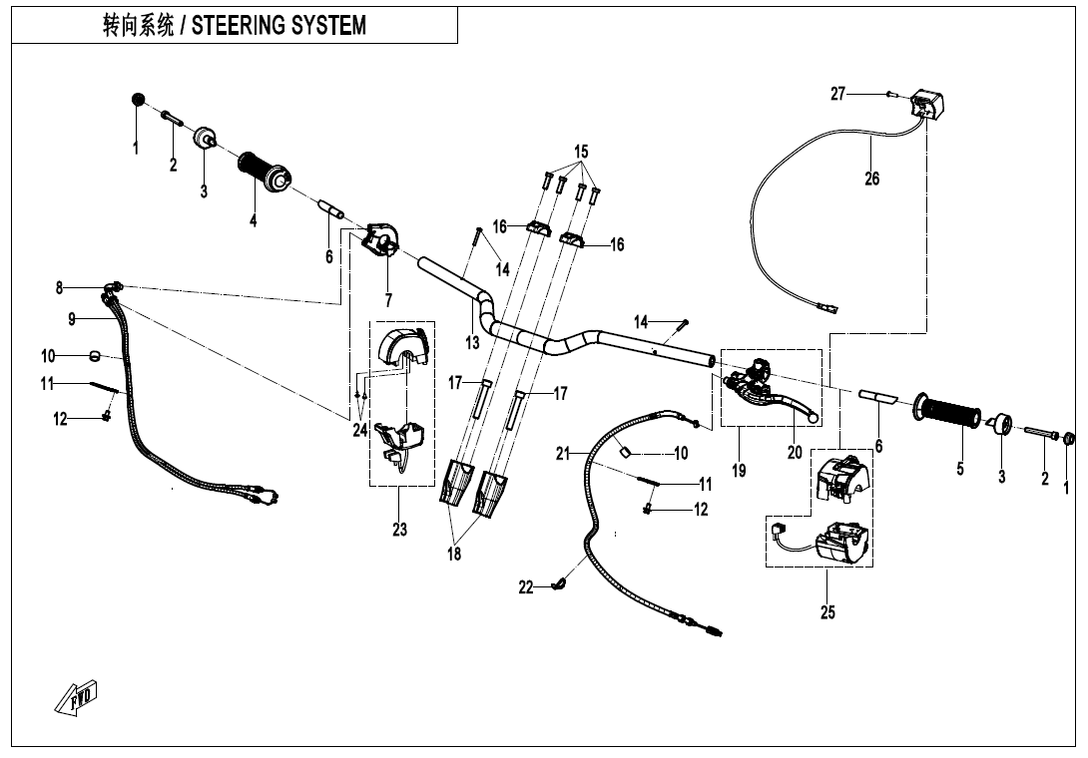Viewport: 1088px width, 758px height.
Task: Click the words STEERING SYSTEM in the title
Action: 278,26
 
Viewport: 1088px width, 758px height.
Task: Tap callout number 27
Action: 838,94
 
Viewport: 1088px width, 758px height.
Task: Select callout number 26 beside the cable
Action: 872,180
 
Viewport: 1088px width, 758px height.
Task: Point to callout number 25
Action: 827,612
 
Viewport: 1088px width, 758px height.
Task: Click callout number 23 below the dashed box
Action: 399,530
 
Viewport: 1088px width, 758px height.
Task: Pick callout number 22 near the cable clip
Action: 526,587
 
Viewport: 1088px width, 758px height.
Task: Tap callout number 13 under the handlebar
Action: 472,342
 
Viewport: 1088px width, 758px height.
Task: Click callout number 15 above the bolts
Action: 580,152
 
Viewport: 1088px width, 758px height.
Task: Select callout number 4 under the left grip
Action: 254,220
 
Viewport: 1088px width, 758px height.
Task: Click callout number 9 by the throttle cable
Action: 72,319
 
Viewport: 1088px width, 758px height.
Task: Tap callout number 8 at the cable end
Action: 60,288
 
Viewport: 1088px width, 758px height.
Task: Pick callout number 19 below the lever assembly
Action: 739,471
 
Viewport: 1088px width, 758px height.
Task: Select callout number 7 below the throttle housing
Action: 388,299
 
